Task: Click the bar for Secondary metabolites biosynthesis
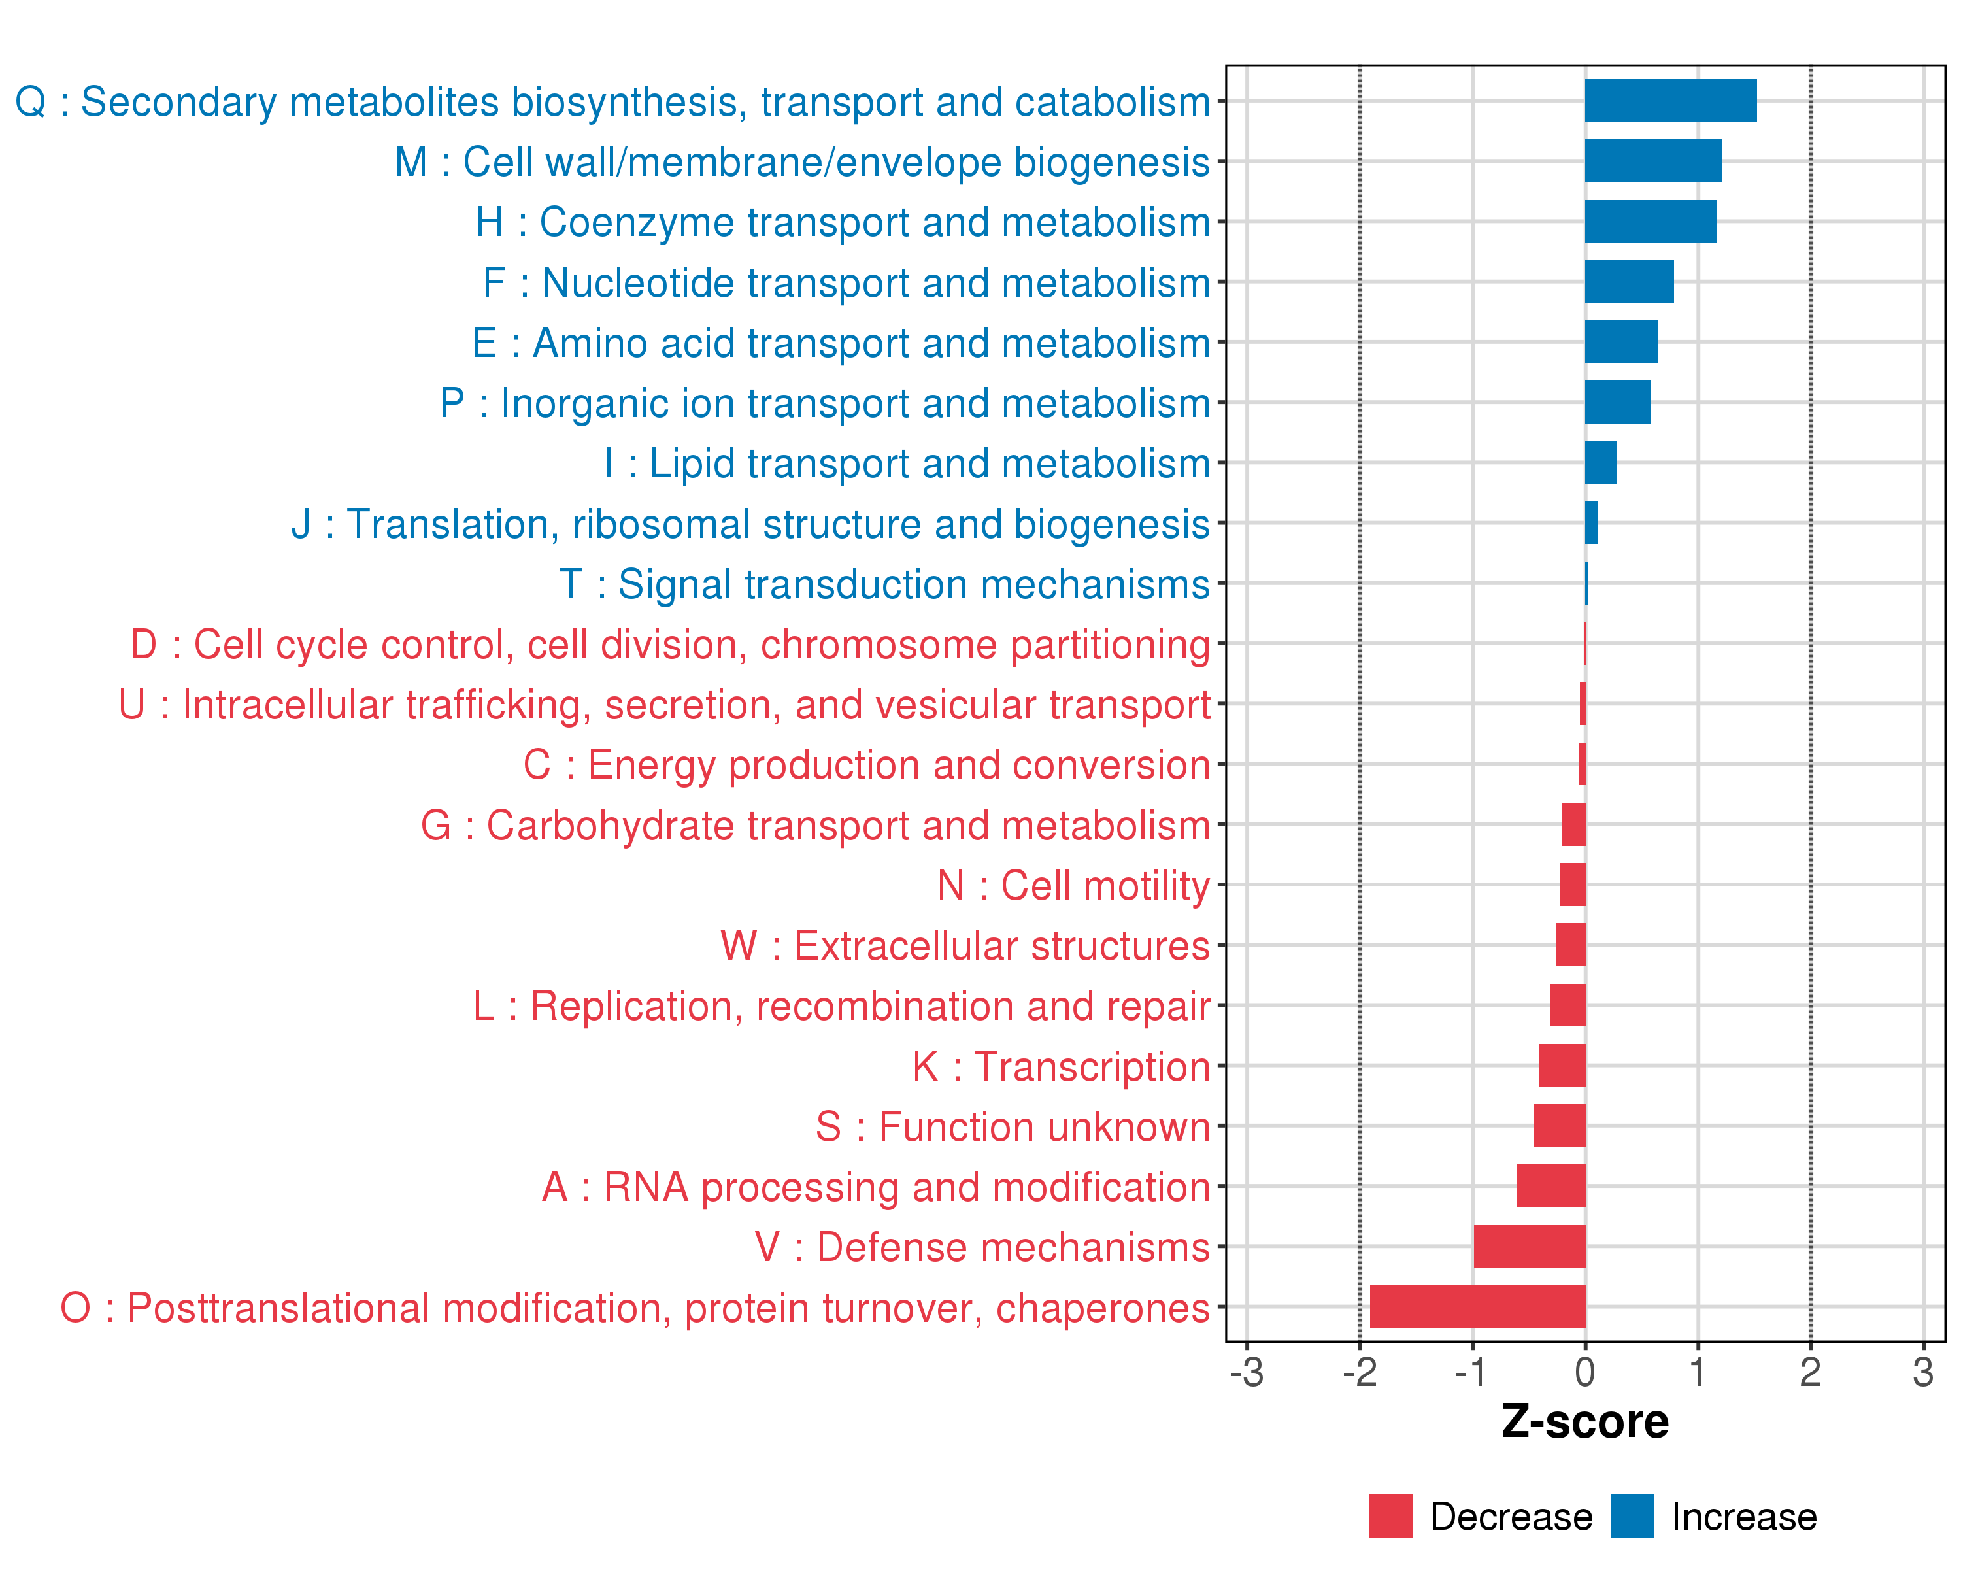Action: [x=1670, y=101]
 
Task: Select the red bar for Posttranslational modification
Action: [x=1477, y=1306]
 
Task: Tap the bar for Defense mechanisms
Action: [x=1529, y=1246]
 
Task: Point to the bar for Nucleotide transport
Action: [x=1628, y=282]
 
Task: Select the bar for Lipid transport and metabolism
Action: [x=1601, y=463]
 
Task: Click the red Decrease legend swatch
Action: [x=1390, y=1515]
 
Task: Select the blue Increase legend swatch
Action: [x=1632, y=1515]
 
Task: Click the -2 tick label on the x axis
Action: [x=1360, y=1372]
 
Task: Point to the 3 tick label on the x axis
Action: [x=1923, y=1372]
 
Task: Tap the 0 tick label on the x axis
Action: [x=1585, y=1372]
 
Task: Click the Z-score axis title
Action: [x=1584, y=1422]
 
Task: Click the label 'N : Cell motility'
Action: [x=1073, y=885]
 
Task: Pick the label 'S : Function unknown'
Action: [x=1013, y=1127]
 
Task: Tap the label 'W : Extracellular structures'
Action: [x=965, y=946]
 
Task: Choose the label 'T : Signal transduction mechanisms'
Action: [x=884, y=584]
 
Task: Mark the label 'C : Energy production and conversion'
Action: [x=866, y=765]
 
